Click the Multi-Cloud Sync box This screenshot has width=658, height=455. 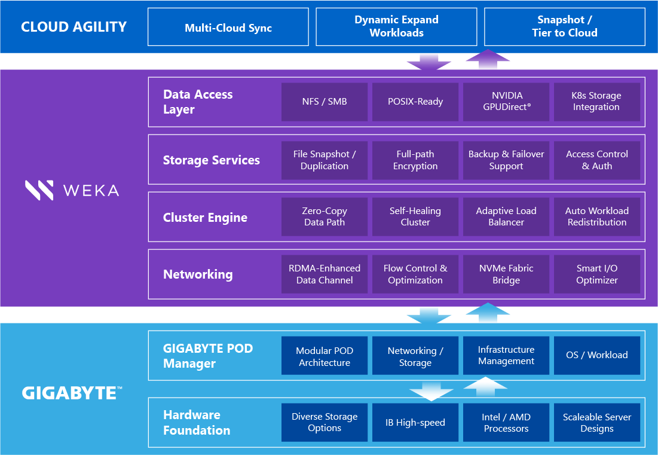(228, 27)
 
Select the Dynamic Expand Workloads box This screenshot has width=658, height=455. (396, 27)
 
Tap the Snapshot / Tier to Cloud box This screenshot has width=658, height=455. (565, 27)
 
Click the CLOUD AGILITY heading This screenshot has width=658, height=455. (74, 27)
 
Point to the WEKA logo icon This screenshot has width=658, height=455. (39, 190)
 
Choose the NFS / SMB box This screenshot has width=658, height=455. (325, 102)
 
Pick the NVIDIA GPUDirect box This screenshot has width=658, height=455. (506, 102)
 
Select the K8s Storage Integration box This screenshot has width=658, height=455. (596, 102)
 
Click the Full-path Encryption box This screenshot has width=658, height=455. (415, 160)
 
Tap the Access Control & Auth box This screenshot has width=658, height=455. (596, 160)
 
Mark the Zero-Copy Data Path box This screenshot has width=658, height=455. (325, 216)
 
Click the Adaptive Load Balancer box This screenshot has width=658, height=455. (506, 216)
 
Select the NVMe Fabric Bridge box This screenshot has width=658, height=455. (506, 274)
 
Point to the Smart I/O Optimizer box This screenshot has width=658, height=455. (596, 274)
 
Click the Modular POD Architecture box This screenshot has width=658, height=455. (325, 356)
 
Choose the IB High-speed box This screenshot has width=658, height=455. (415, 422)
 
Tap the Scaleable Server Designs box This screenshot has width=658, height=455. (596, 422)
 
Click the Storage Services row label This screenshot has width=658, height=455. (212, 160)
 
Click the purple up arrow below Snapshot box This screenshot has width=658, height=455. (488, 60)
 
